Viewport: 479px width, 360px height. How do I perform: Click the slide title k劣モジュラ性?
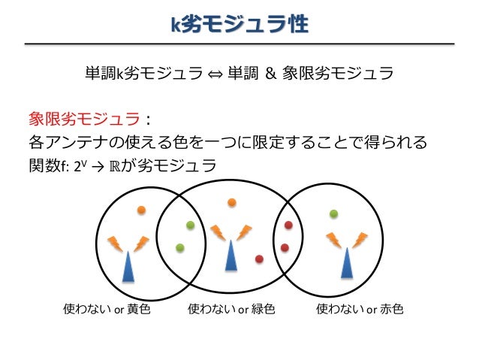239,25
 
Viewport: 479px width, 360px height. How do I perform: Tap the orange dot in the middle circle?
232,202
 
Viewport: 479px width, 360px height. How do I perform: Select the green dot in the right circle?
333,213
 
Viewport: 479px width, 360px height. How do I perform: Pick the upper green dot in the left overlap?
190,225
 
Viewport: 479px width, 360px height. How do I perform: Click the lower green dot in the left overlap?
180,247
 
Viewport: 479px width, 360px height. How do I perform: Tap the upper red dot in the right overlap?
288,225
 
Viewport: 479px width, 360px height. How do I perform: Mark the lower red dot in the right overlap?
285,247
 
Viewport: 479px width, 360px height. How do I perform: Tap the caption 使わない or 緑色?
232,309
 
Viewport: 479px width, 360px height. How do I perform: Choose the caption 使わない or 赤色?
360,309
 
